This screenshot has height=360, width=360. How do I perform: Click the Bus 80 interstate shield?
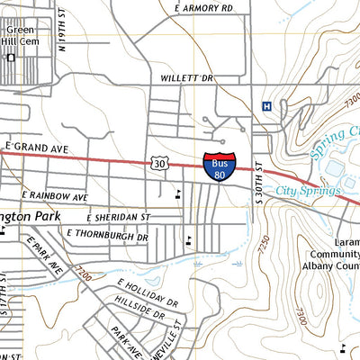pyautogui.click(x=220, y=166)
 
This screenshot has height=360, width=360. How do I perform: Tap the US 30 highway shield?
pyautogui.click(x=159, y=164)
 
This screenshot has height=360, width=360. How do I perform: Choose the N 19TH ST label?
pyautogui.click(x=62, y=34)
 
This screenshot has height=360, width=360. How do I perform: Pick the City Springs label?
pyautogui.click(x=308, y=191)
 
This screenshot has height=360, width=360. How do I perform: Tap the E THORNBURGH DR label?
pyautogui.click(x=107, y=236)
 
